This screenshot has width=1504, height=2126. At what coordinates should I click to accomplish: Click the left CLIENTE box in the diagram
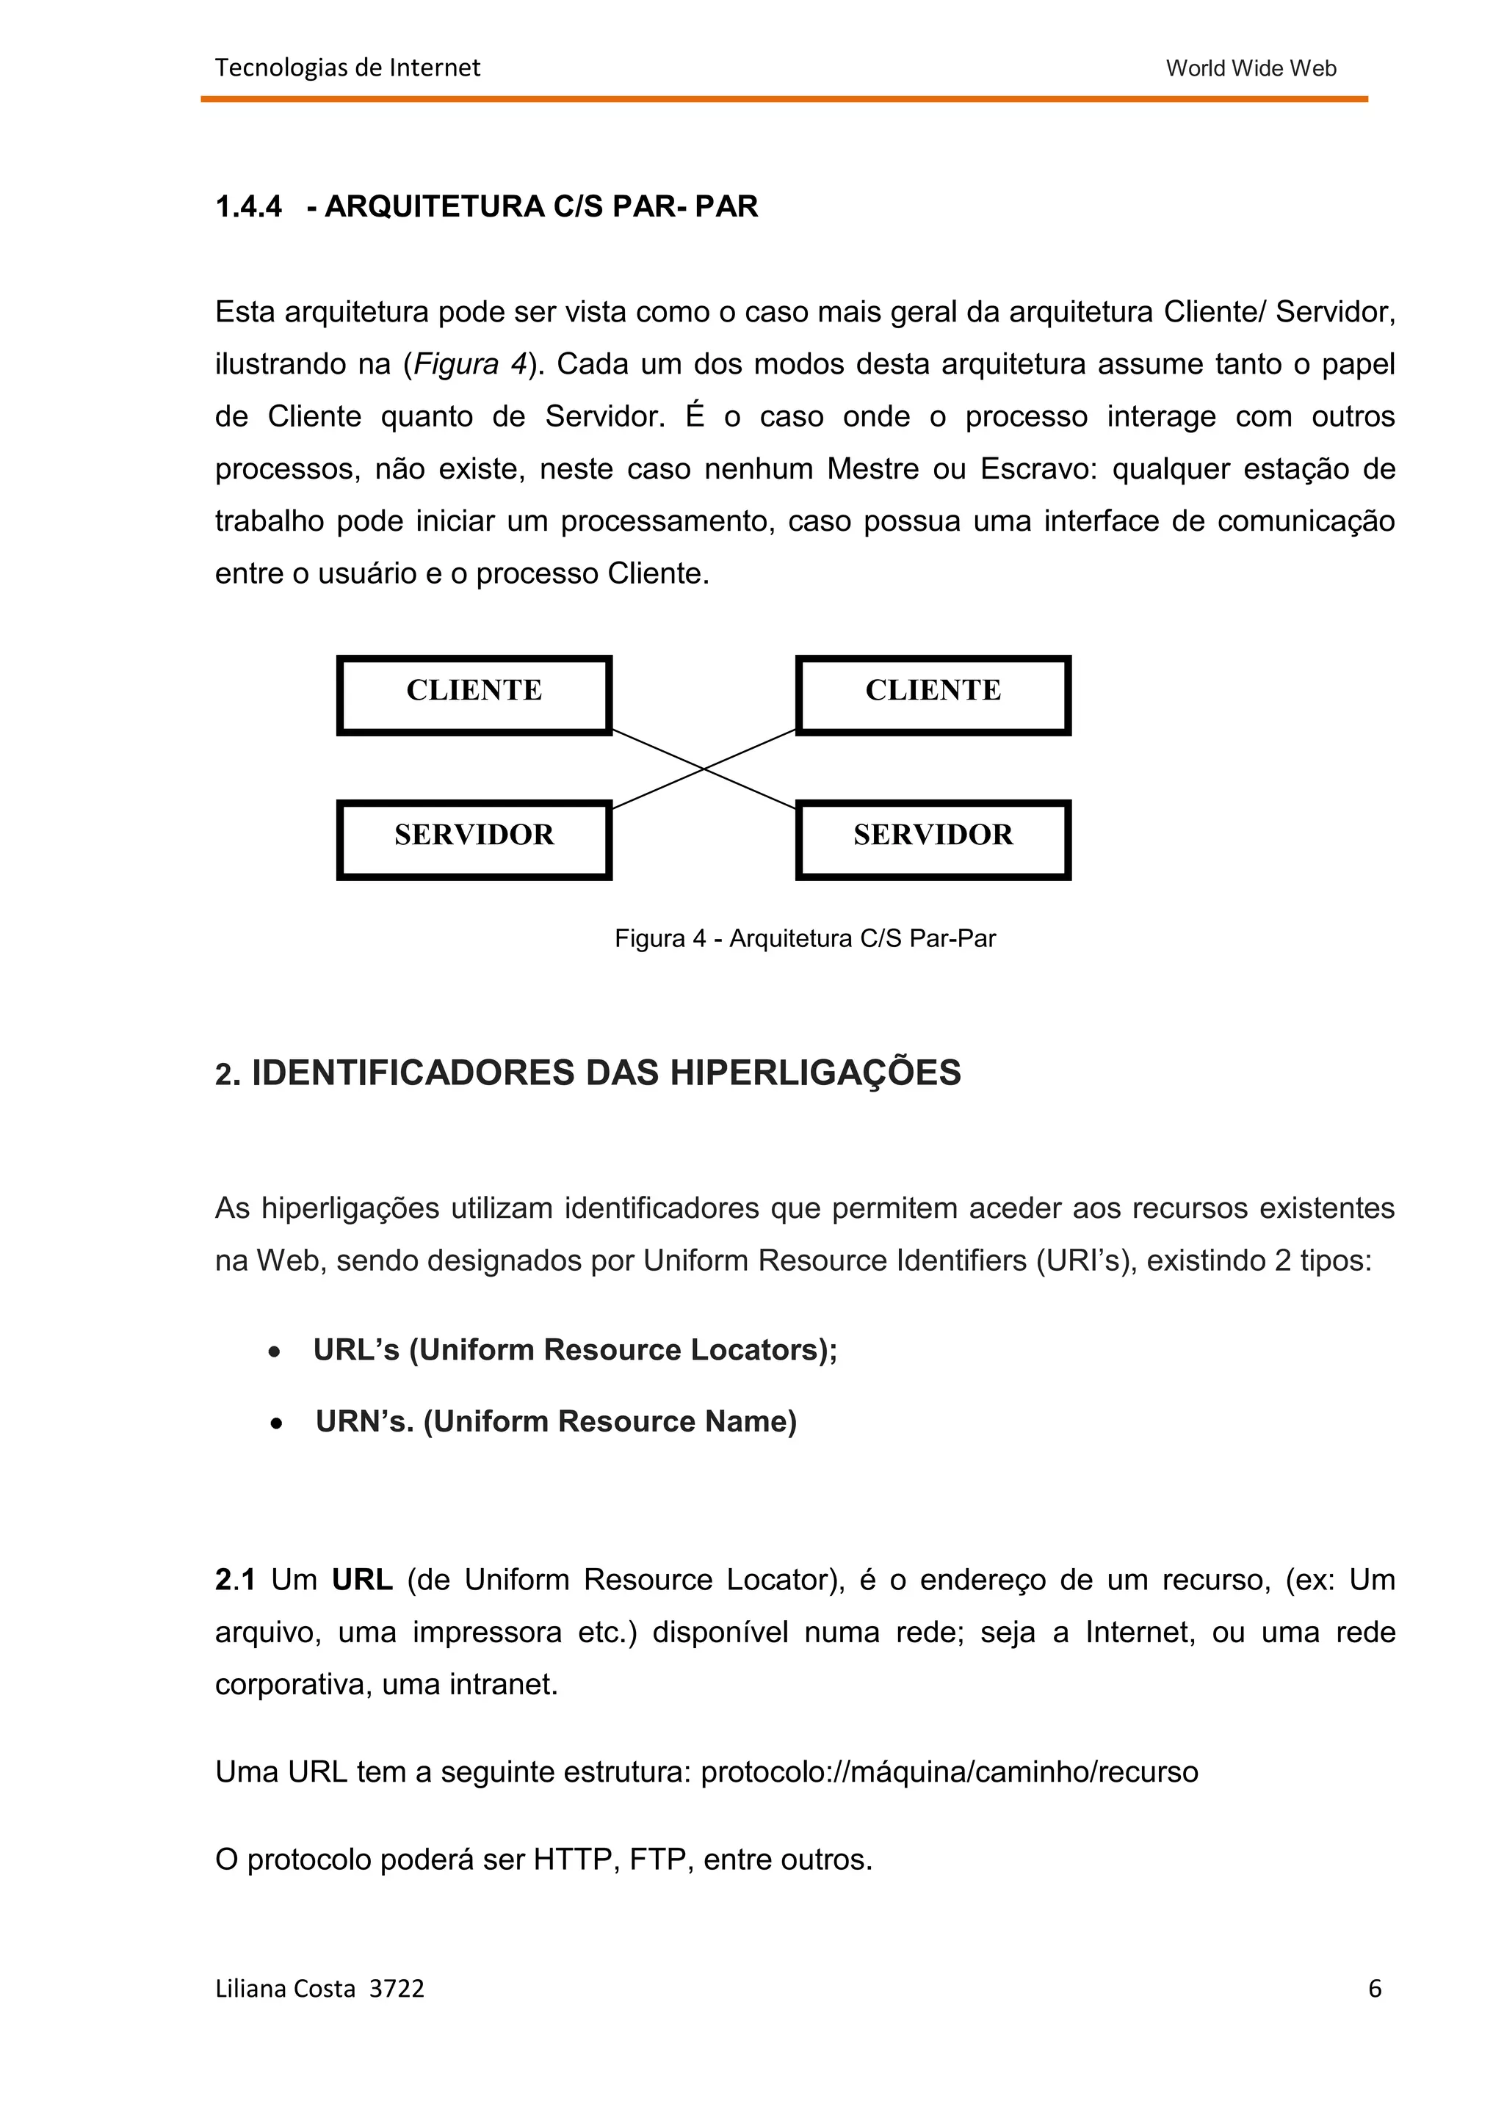click(x=474, y=694)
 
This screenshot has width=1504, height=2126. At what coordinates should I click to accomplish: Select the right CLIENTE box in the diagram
click(x=933, y=694)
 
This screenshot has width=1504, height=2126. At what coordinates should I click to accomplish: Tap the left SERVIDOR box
click(x=474, y=839)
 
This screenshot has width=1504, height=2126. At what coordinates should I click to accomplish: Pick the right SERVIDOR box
click(x=933, y=839)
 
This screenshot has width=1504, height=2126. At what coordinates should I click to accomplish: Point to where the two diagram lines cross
click(x=704, y=769)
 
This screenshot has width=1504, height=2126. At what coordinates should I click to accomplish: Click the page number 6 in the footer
click(x=1374, y=1988)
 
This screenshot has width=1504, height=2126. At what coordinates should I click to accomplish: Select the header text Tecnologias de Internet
click(x=347, y=68)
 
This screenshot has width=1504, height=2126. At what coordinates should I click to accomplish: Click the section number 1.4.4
click(x=248, y=206)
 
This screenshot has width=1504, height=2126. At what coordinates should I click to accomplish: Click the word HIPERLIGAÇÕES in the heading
click(x=815, y=1073)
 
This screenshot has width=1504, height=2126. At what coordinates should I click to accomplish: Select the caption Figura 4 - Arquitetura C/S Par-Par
click(x=805, y=939)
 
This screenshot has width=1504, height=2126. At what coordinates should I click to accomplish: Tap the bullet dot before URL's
click(x=274, y=1353)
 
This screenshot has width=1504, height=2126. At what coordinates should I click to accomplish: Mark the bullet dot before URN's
click(x=276, y=1424)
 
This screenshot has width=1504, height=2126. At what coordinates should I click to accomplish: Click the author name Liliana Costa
click(x=285, y=1989)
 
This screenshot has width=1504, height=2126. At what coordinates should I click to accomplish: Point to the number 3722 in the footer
click(x=397, y=1989)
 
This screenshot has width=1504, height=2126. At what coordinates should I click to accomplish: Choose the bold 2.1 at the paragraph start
click(x=235, y=1580)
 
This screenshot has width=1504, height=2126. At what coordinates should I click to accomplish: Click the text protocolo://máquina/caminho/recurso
click(x=950, y=1772)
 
